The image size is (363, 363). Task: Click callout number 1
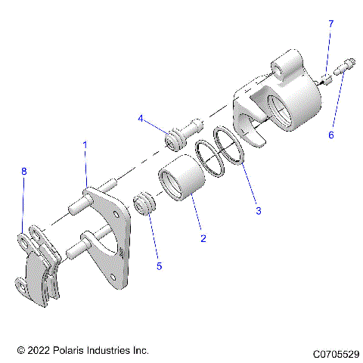[85, 144]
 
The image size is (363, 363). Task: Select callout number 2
[203, 238]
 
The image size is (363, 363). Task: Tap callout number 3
[258, 210]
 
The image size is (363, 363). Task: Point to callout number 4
[141, 119]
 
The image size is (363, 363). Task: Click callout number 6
[330, 135]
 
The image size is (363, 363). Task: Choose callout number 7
[330, 25]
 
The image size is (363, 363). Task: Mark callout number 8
[23, 172]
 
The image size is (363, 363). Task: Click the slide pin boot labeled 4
[181, 135]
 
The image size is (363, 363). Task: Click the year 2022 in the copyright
[39, 351]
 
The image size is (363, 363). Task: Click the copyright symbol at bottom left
[20, 351]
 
